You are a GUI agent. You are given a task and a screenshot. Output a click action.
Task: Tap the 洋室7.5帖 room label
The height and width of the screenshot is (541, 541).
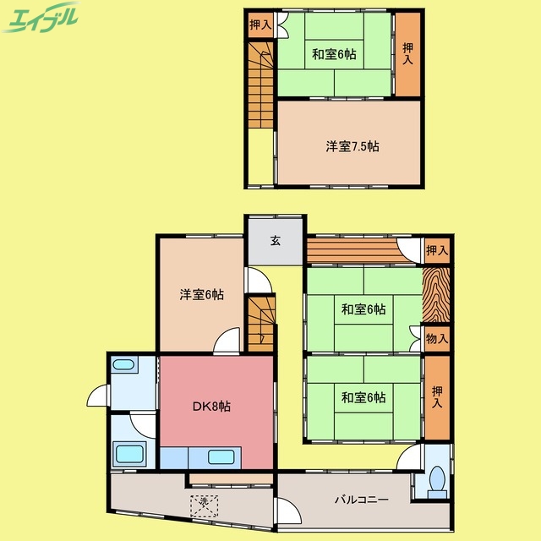pos(352,146)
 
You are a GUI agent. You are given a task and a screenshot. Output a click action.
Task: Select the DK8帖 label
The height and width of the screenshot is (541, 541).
pos(210,407)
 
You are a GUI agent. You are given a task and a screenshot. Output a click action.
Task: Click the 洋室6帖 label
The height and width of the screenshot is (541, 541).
pos(201,295)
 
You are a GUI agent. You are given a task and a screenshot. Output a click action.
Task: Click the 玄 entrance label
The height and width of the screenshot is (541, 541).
pos(276,240)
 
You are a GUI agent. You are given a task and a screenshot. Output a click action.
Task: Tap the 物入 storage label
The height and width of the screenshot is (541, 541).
pos(436,339)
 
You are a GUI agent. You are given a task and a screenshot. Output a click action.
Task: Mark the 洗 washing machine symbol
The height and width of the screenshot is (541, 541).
pos(203,504)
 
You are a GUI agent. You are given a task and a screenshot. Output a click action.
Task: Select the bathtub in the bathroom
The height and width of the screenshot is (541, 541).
pos(129,452)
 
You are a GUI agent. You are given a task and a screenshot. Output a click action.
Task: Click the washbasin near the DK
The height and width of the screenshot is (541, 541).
pos(125,366)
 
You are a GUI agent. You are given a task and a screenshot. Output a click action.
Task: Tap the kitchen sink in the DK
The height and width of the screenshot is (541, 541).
pos(221,457)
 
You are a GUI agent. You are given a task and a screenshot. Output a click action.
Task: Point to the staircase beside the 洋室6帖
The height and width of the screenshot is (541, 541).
pos(260,321)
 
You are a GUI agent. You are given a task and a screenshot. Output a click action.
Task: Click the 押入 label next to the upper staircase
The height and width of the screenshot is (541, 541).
pos(260,25)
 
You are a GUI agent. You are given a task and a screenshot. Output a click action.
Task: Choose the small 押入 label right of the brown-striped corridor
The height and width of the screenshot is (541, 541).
pos(436,250)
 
